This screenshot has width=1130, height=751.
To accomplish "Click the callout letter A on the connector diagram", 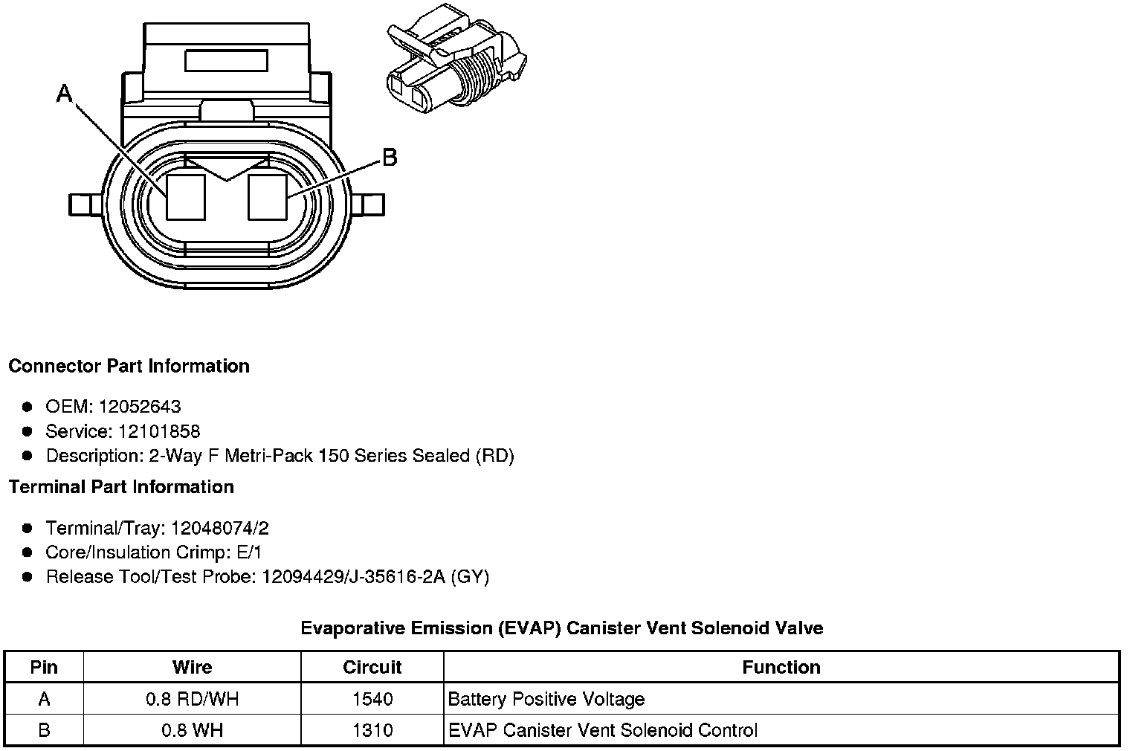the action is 65,94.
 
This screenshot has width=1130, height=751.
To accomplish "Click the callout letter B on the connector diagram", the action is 390,157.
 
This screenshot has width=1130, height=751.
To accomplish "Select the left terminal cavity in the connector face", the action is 186,197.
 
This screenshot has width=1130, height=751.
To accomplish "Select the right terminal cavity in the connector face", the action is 268,197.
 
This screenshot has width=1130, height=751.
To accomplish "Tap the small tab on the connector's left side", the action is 85,205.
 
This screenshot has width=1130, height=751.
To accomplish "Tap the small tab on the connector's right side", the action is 368,205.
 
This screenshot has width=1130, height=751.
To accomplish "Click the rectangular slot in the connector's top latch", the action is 226,61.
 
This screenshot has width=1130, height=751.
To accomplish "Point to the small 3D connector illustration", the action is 456,59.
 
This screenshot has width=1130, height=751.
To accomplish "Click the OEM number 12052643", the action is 140,406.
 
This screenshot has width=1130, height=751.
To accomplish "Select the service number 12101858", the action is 159,431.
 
